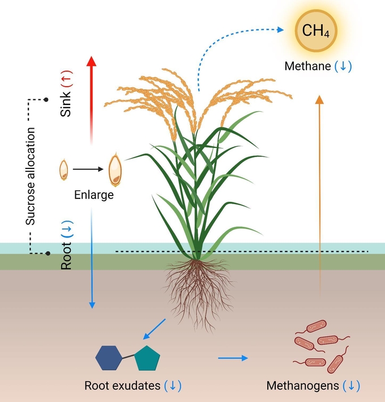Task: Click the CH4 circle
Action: (316, 31)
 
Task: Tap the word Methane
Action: (307, 66)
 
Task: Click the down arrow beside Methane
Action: (343, 66)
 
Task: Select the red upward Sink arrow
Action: (91, 100)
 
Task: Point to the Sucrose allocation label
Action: (30, 176)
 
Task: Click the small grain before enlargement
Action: (64, 170)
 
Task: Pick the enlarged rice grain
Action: (115, 170)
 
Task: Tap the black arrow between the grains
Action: (88, 169)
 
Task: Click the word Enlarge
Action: (93, 195)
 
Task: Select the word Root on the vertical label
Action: (66, 256)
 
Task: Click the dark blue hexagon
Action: (109, 358)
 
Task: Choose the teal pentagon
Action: (147, 358)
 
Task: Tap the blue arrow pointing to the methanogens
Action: (233, 358)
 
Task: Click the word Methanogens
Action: (302, 386)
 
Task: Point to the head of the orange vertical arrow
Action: (319, 100)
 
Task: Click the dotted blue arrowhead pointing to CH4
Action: (281, 29)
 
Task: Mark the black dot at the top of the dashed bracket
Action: (46, 99)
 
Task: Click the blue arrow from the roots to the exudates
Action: (154, 329)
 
